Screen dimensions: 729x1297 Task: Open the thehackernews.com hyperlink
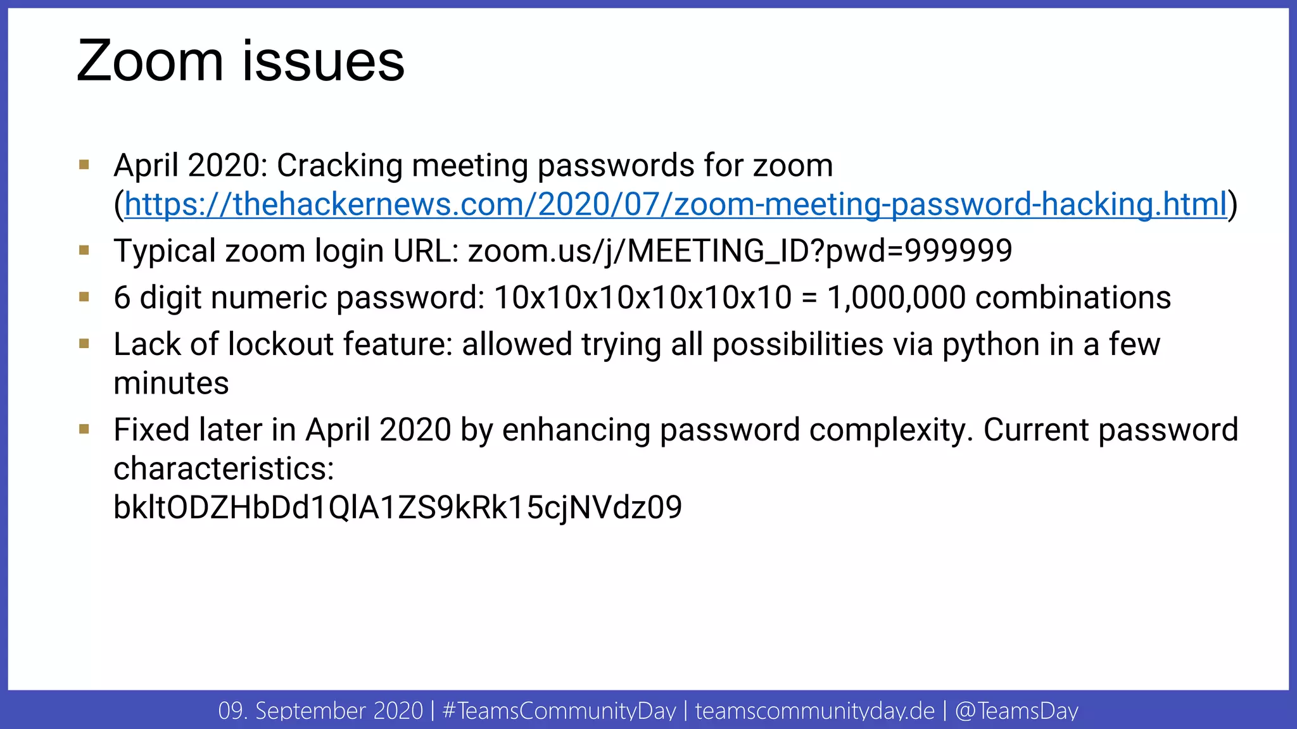[x=675, y=204]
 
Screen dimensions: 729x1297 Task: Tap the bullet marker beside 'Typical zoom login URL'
[x=84, y=250]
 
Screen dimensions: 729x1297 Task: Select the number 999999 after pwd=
[x=958, y=251]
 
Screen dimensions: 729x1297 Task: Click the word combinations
[x=1073, y=297]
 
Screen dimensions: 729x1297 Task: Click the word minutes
[x=171, y=383]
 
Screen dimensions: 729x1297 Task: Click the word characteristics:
[x=224, y=469]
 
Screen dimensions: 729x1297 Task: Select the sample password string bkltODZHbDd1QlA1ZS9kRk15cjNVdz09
[x=398, y=508]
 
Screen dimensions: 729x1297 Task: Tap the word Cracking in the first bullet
[x=339, y=166]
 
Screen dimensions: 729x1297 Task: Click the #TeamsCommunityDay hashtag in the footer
[x=559, y=711]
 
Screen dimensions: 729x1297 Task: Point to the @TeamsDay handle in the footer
[x=1016, y=711]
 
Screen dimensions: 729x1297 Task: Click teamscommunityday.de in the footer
[x=814, y=711]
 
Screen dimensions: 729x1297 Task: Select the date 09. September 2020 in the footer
[x=320, y=711]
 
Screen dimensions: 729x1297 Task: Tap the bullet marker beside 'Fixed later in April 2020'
[x=84, y=429]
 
